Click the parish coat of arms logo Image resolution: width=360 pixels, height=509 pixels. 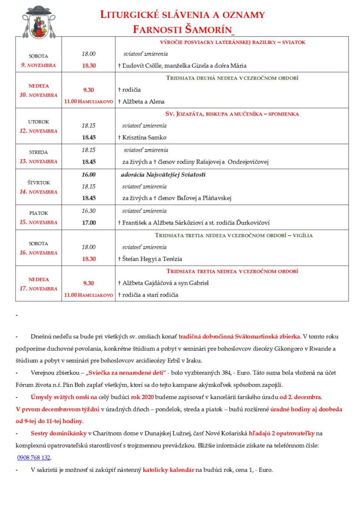[39, 23]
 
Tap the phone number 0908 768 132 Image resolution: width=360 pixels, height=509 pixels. [33, 458]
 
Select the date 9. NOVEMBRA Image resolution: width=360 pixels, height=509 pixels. [39, 65]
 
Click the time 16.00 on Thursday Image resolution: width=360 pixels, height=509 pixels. [89, 174]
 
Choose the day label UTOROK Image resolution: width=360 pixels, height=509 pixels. [39, 122]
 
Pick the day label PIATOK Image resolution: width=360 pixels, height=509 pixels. [39, 213]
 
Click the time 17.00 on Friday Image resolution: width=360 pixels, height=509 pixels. [89, 222]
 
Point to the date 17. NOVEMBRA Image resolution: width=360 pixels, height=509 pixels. [39, 288]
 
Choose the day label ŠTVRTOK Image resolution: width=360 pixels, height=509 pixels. [39, 182]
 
